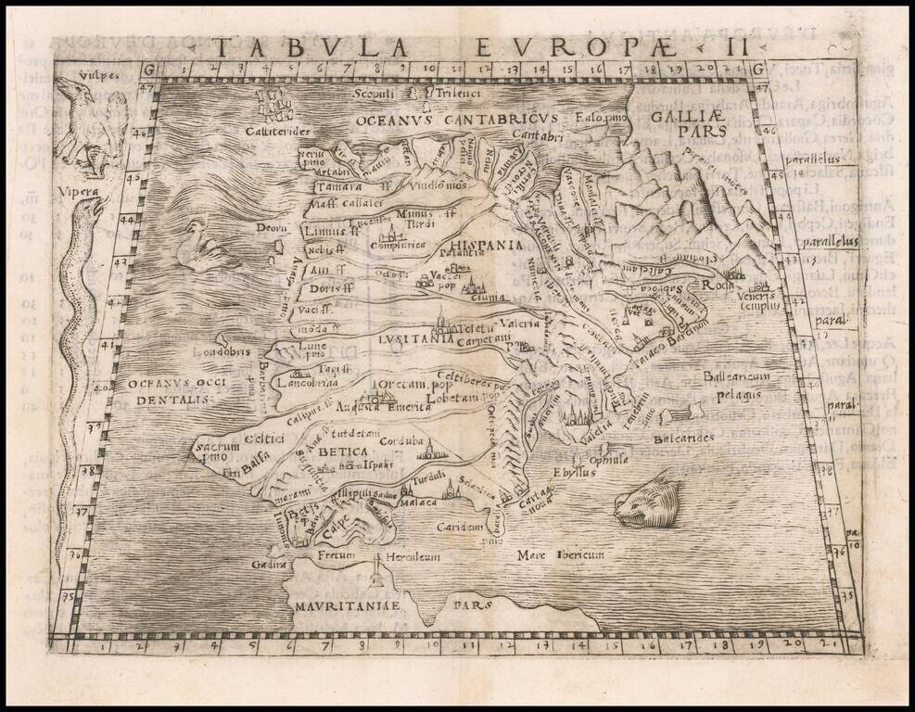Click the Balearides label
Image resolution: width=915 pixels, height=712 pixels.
click(x=684, y=438)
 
